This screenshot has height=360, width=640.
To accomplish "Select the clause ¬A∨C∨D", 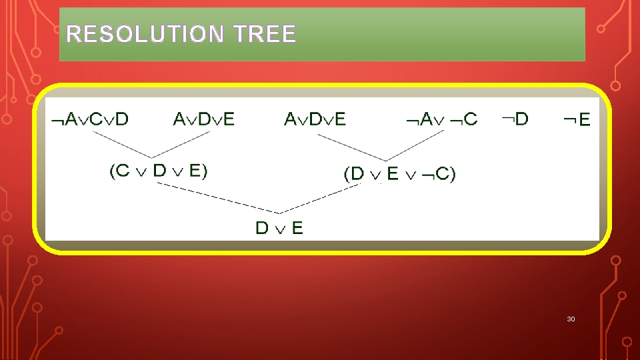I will click(90, 119).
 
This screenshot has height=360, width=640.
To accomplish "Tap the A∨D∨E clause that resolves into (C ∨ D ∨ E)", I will click(204, 119).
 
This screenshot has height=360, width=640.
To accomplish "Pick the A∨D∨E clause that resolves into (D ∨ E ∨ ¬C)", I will click(315, 119).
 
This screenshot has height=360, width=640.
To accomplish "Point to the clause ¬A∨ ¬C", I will click(442, 120).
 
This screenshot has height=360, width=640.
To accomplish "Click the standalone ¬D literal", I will click(515, 119).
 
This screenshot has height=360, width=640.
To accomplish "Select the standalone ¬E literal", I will click(577, 120).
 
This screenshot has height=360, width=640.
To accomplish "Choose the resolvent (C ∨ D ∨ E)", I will click(159, 171).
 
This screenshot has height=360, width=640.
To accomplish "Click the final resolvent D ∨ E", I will click(279, 228).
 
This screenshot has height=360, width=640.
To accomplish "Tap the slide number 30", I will click(571, 319).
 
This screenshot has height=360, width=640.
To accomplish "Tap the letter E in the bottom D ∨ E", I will click(297, 228).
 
